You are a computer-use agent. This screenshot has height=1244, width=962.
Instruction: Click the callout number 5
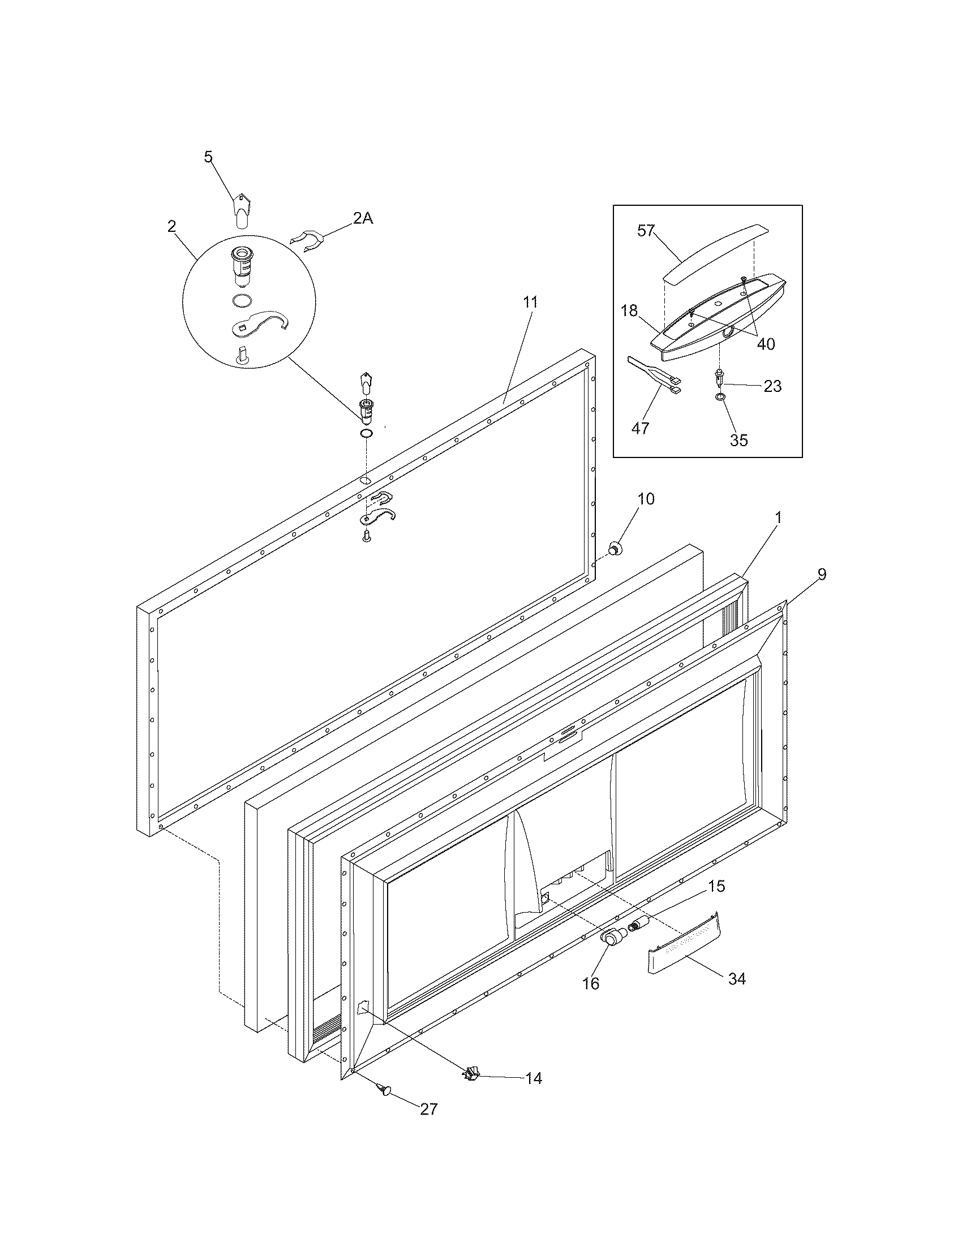coord(209,157)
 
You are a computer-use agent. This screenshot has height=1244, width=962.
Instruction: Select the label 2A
coord(363,218)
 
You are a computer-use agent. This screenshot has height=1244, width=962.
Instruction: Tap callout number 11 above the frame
coord(530,302)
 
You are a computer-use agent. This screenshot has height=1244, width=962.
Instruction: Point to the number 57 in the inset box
coord(646,231)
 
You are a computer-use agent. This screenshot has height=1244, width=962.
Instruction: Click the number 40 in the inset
coord(766,343)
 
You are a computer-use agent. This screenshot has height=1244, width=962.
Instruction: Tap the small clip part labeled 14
coord(471,1074)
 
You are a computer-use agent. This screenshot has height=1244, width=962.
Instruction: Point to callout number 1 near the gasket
coord(779,517)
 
